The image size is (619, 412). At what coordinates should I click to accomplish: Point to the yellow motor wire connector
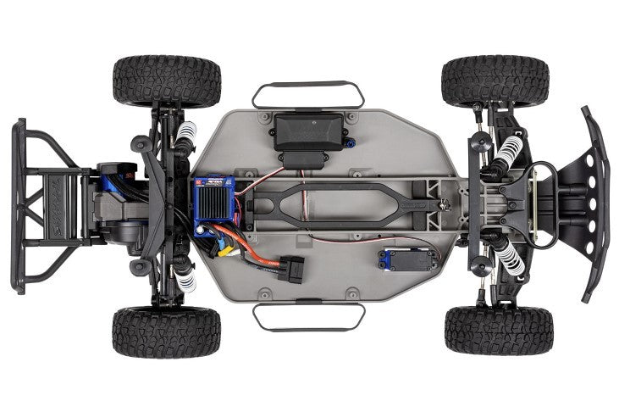[x=225, y=250]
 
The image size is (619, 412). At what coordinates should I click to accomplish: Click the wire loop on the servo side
[x=309, y=317]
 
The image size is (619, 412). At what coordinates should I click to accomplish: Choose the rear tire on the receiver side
[x=166, y=81]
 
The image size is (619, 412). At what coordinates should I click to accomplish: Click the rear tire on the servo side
[x=166, y=331]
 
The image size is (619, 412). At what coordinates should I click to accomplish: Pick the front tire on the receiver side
[x=495, y=81]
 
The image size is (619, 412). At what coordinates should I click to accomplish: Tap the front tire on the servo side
[x=499, y=330]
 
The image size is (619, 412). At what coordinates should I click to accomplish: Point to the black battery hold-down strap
[x=339, y=203]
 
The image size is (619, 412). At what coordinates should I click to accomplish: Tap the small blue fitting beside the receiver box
[x=350, y=141]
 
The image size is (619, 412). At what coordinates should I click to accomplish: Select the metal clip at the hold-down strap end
[x=444, y=203]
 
